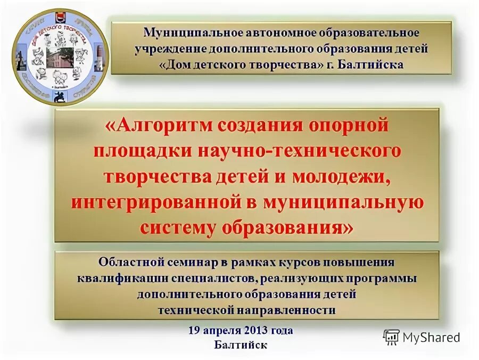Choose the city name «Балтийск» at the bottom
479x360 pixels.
tap(241, 345)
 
